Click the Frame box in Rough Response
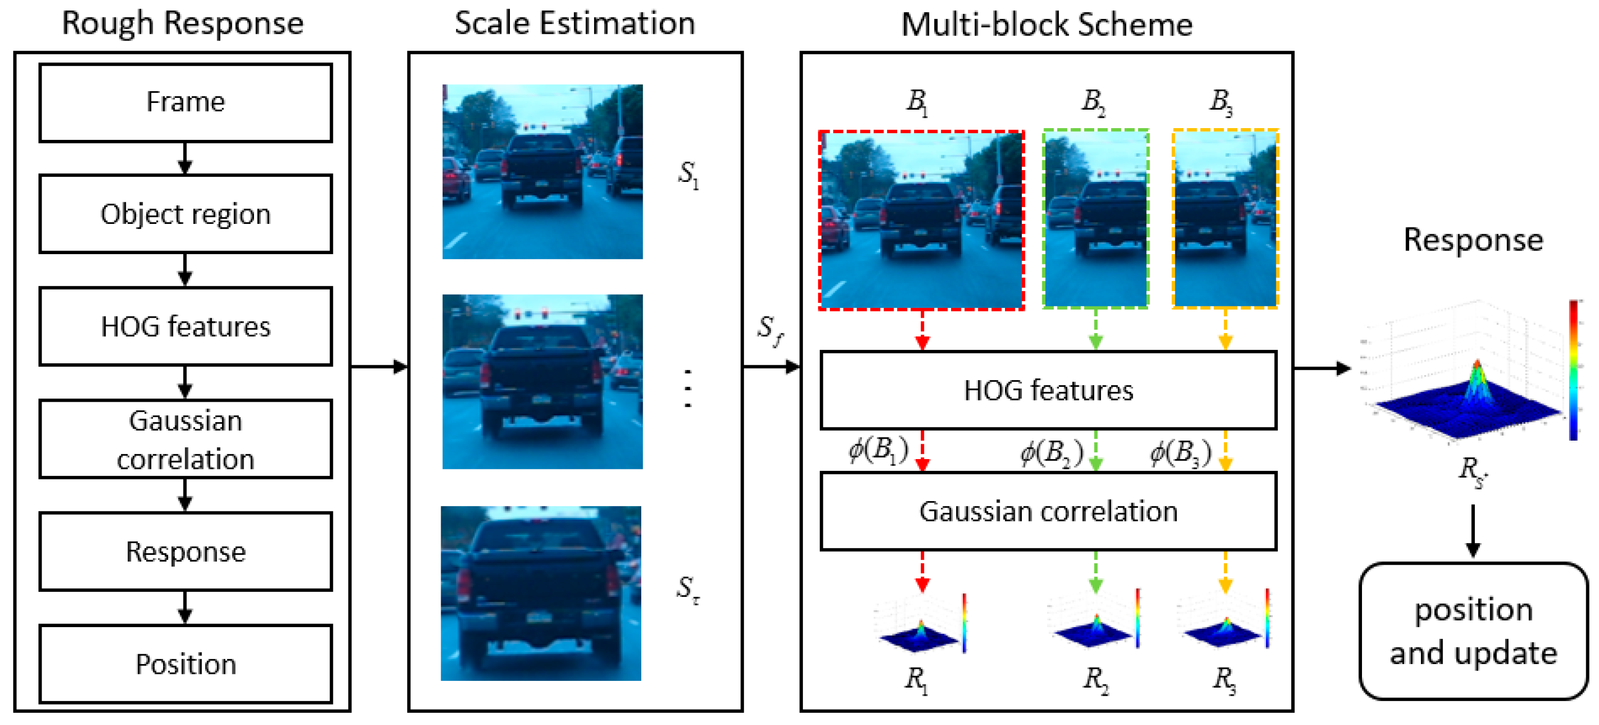click(185, 103)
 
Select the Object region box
click(185, 214)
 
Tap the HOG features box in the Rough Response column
click(185, 326)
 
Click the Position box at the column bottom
click(185, 664)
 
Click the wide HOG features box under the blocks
click(1048, 390)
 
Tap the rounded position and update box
click(1473, 631)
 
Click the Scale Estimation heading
click(574, 24)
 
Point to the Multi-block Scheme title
click(1047, 25)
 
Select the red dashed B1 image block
click(921, 220)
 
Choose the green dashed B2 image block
click(1096, 219)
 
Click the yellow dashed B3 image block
click(1225, 219)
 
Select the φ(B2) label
click(1052, 453)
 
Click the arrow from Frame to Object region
click(185, 159)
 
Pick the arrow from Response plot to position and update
click(1473, 531)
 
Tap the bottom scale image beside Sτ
click(541, 593)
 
